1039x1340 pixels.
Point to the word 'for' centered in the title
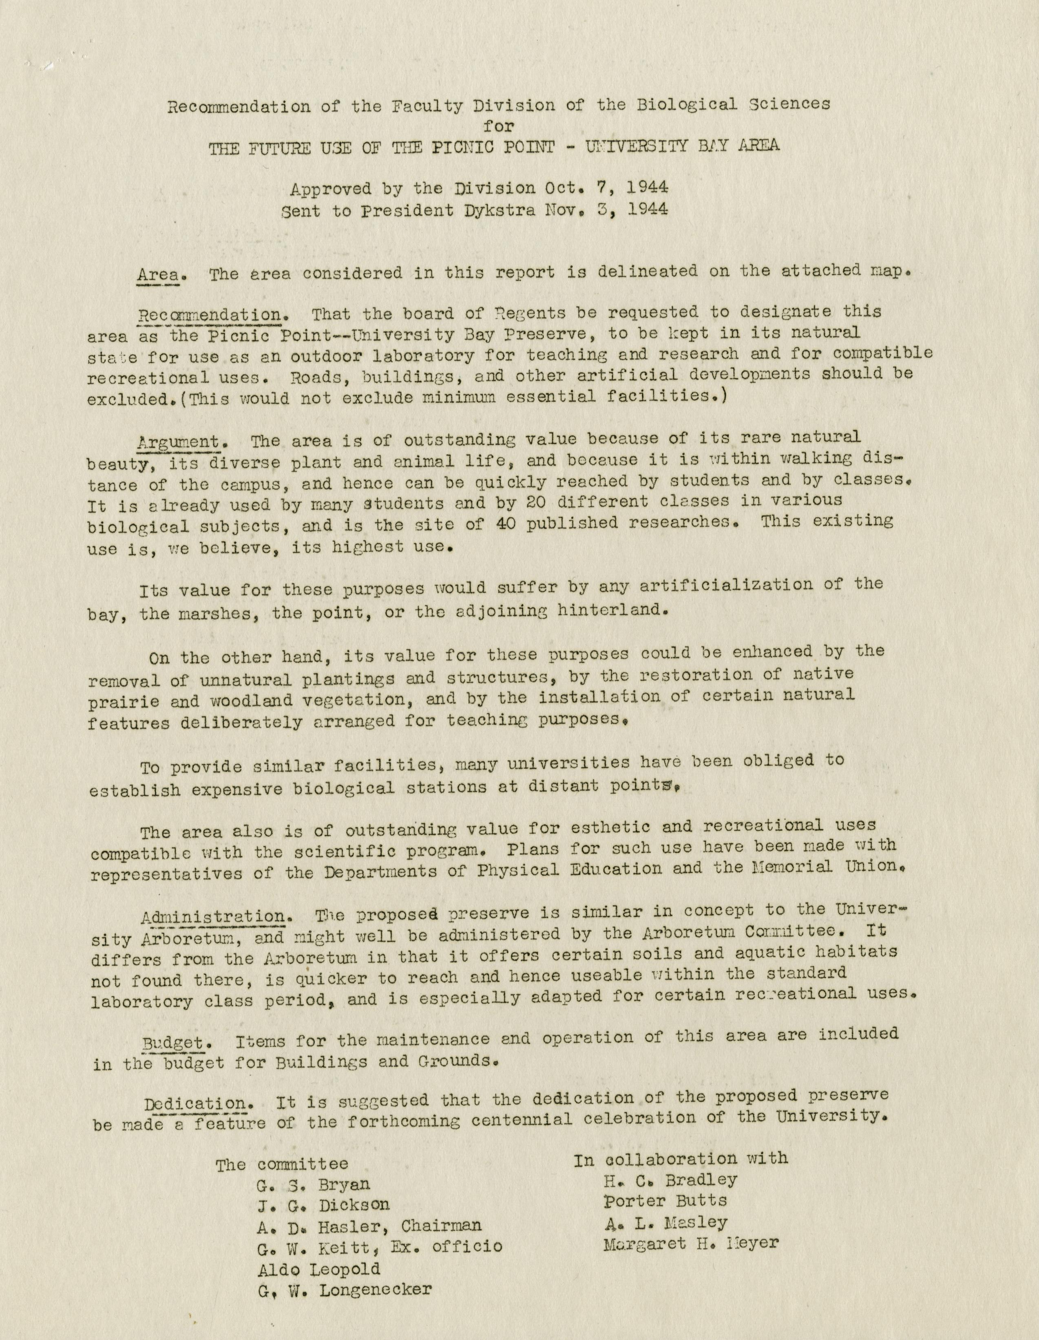(498, 126)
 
